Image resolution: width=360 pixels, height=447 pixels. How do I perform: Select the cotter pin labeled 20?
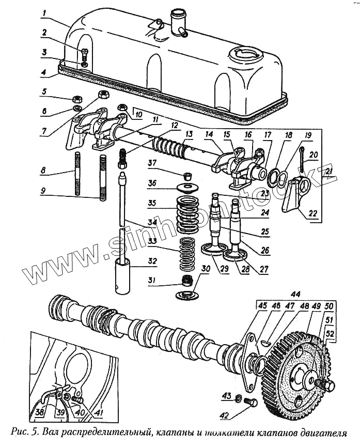(x=301, y=157)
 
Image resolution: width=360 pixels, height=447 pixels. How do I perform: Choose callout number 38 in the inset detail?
(x=40, y=412)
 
